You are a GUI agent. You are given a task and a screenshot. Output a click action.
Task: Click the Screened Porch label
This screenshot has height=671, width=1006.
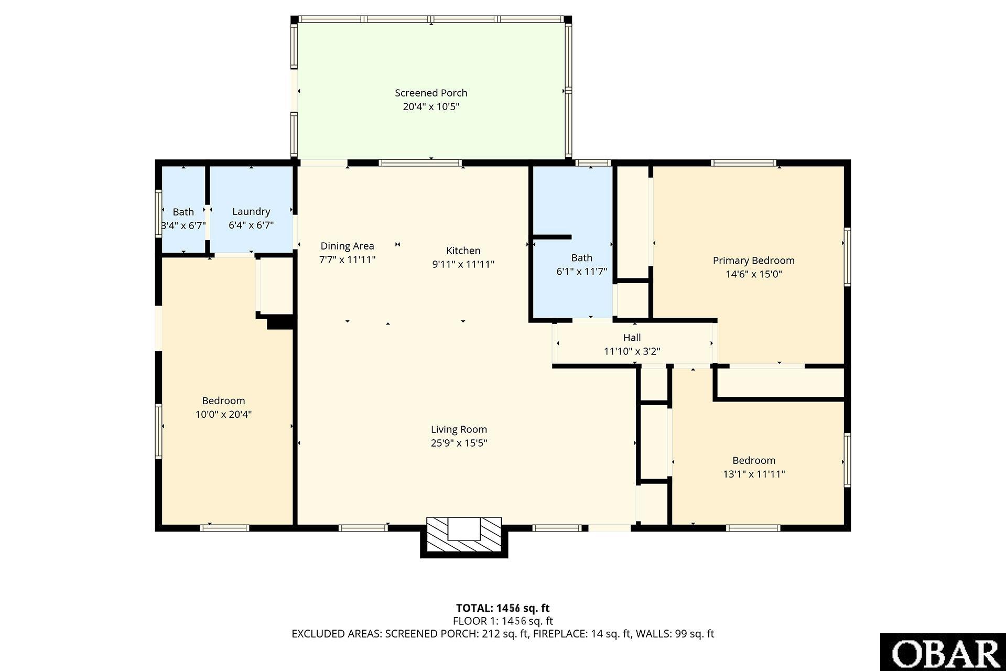[x=431, y=93]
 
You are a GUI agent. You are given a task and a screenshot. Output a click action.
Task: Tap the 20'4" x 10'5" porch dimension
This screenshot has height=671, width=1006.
[x=431, y=106]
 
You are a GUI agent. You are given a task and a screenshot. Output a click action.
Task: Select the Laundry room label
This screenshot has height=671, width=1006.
[x=251, y=212]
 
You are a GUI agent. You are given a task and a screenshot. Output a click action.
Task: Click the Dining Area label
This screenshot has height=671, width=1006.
[x=347, y=246]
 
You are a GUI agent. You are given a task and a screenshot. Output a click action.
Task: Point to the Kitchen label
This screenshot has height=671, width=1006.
[x=463, y=251]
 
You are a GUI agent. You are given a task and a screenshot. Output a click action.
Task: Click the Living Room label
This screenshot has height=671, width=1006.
[x=459, y=430]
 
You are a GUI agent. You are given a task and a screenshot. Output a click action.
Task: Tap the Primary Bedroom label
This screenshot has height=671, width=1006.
[x=753, y=261]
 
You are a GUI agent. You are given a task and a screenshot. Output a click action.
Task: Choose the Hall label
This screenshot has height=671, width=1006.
[x=632, y=338]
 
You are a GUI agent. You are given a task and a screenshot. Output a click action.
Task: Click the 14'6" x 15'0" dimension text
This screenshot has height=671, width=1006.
[x=753, y=274]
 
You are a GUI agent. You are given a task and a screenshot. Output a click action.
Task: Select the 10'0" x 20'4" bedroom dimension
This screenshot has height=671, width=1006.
[x=223, y=414]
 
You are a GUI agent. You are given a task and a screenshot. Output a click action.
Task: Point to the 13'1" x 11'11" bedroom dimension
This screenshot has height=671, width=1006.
[x=753, y=474]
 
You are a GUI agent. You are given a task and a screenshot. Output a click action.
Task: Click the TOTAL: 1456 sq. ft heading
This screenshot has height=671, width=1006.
[x=503, y=608]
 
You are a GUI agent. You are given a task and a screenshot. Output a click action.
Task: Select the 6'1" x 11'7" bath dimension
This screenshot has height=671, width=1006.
[x=581, y=272]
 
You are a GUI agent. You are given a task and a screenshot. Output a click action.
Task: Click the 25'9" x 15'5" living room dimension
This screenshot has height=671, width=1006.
[x=459, y=443]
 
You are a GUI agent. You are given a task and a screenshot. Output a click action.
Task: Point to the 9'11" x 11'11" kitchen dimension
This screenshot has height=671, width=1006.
[x=463, y=264]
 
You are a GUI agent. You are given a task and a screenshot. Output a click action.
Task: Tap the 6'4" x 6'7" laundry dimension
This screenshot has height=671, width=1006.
[x=251, y=225]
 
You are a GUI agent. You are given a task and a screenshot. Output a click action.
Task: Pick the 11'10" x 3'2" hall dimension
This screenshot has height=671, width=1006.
[x=632, y=351]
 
